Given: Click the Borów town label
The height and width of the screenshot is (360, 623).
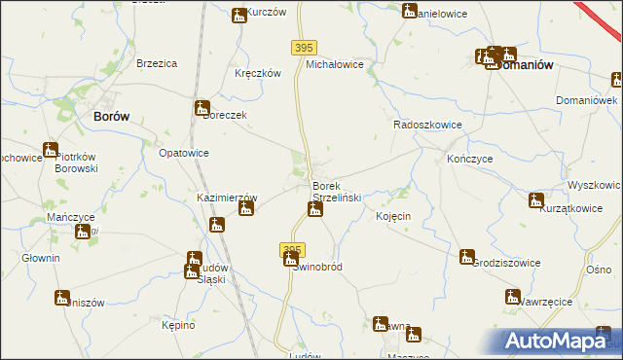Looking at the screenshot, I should [112, 116].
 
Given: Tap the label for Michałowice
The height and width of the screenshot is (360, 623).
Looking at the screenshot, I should [335, 64].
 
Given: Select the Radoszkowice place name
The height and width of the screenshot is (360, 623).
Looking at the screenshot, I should [425, 126].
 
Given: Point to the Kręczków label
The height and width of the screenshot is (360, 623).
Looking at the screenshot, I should [258, 74].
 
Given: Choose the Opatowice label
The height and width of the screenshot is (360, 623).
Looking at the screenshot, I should [184, 154].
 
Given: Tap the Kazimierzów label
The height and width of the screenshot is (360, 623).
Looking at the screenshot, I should [227, 197].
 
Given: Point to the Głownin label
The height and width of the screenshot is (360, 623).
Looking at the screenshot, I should [41, 258].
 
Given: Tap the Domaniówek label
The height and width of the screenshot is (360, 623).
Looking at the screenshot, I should [587, 101].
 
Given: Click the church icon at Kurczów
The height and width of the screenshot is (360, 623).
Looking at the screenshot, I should [239, 15].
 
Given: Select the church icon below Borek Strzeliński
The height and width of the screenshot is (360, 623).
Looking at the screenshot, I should [314, 209].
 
